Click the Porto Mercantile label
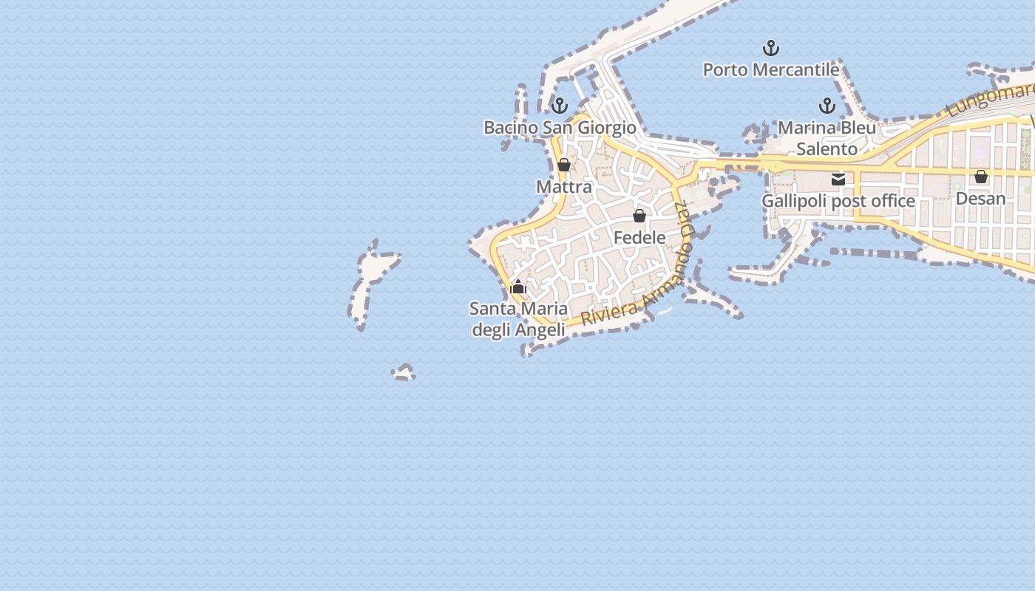[x=770, y=69]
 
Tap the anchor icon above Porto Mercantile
[x=771, y=49]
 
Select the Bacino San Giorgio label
[x=560, y=127]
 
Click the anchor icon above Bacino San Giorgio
[x=560, y=106]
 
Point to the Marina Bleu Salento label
[x=827, y=138]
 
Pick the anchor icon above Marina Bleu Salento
[x=827, y=106]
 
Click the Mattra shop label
[x=564, y=187]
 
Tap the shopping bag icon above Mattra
[x=564, y=165]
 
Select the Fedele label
[x=639, y=237]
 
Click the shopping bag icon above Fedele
[x=639, y=216]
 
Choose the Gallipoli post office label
[x=838, y=201]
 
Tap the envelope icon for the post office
[x=838, y=180]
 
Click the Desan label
[x=980, y=198]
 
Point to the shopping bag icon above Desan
[x=981, y=177]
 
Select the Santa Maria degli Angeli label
[x=518, y=319]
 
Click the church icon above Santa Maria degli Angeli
[x=518, y=287]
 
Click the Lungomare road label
[x=991, y=98]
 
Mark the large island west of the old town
[x=370, y=284]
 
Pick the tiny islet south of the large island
[x=404, y=372]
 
